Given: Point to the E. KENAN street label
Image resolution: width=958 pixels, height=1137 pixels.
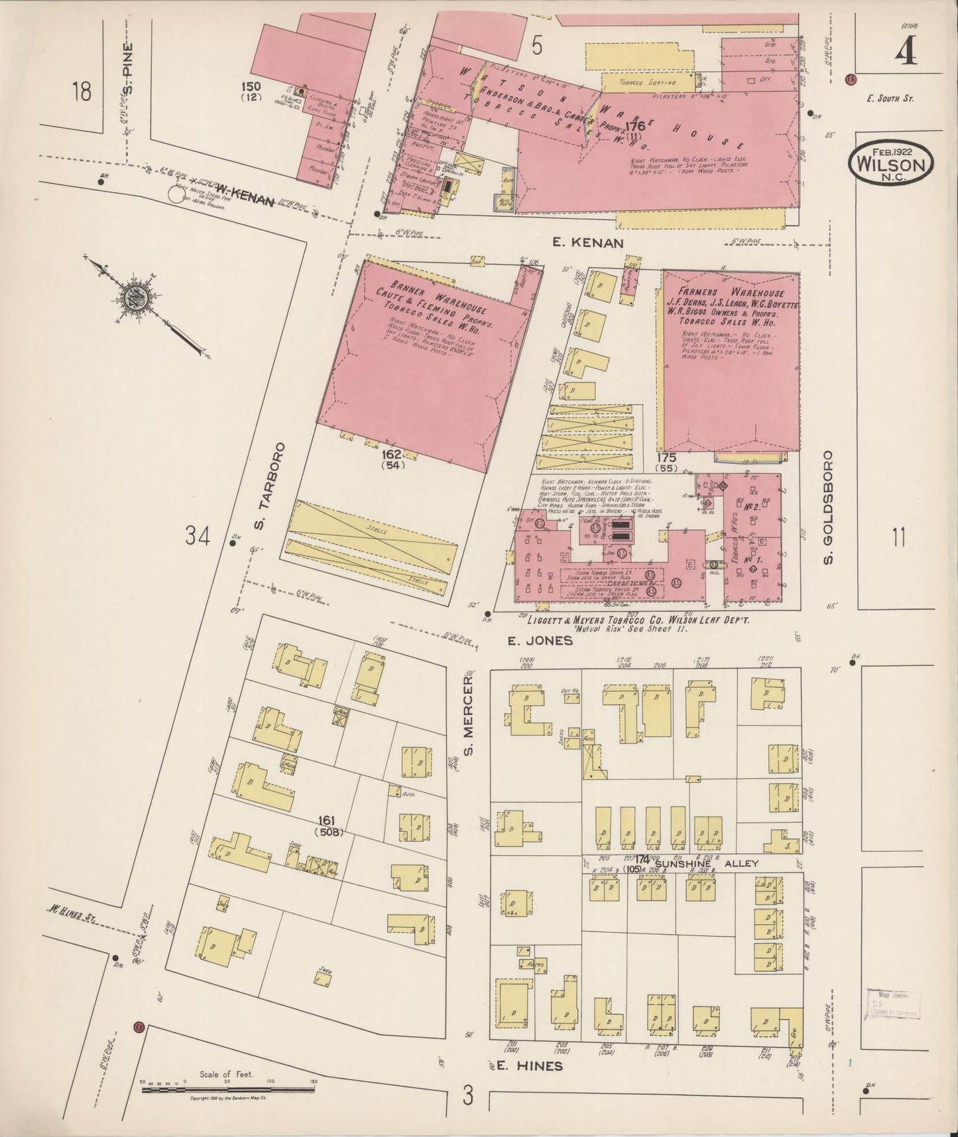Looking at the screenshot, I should (x=587, y=243).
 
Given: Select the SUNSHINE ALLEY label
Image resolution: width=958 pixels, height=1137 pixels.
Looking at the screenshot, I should (x=705, y=864).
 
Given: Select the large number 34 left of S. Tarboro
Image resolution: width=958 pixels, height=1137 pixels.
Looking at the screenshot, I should (x=198, y=535).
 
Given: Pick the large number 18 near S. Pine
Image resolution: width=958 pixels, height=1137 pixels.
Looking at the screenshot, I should (x=82, y=92).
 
